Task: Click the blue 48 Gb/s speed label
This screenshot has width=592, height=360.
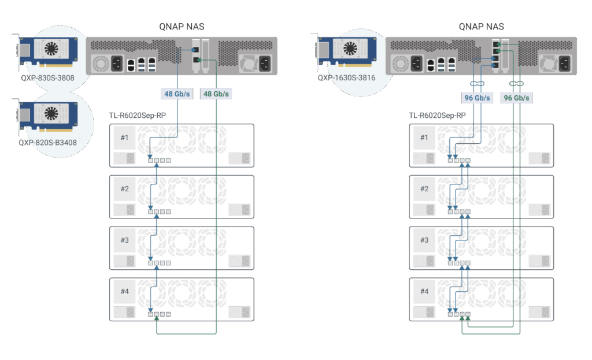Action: coord(177,93)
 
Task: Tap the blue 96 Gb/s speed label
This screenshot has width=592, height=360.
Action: coord(477,98)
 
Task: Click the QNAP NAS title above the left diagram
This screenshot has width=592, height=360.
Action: coord(181,27)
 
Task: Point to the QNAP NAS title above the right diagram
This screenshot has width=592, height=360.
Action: coord(481,27)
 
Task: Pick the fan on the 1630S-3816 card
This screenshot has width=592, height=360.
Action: coord(350,49)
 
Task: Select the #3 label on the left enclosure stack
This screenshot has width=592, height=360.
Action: coord(124,240)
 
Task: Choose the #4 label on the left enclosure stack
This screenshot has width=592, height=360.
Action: coord(124,291)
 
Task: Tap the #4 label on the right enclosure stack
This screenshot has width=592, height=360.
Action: coord(424,291)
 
